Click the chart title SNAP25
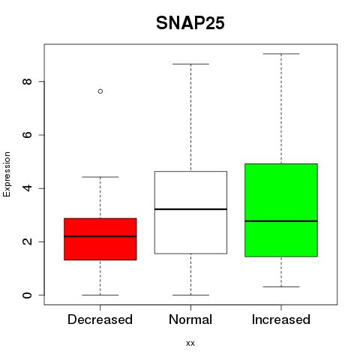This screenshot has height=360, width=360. [x=190, y=23]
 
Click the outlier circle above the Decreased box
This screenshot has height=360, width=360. [x=100, y=91]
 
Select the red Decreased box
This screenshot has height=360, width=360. [x=100, y=239]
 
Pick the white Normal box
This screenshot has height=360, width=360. [x=190, y=212]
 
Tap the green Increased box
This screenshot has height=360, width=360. [x=281, y=210]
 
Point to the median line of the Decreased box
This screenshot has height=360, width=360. [x=100, y=236]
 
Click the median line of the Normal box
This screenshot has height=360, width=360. [x=190, y=209]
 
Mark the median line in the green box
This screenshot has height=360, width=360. [x=281, y=221]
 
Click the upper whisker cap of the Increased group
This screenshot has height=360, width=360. [x=281, y=54]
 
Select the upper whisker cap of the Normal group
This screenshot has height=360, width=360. [x=190, y=64]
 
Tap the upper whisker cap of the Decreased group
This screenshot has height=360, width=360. [x=100, y=177]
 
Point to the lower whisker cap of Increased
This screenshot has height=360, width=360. [x=281, y=286]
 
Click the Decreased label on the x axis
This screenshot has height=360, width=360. [x=100, y=319]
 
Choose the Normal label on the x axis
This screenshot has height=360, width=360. [x=190, y=319]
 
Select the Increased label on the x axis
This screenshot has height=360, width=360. [x=281, y=319]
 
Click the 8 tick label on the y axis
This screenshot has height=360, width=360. [x=27, y=82]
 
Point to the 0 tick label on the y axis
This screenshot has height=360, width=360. [x=27, y=295]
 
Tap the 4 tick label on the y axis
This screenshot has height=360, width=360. [x=27, y=188]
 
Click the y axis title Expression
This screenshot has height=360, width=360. [x=7, y=174]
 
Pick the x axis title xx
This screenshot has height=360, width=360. [x=190, y=343]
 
